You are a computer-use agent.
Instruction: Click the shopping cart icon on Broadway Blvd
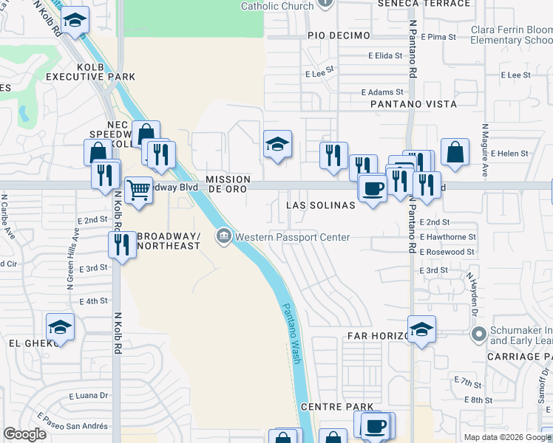138,190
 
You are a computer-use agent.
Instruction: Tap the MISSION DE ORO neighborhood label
228,184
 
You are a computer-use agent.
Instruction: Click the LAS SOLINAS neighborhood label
320,205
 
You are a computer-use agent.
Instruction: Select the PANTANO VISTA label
414,104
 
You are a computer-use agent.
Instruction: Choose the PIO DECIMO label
339,35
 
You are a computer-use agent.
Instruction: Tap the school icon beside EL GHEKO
60,327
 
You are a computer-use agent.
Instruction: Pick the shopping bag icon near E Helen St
455,152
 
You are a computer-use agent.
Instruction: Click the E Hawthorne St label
447,237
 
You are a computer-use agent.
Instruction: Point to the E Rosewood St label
447,252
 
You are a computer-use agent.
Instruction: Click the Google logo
25,434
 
